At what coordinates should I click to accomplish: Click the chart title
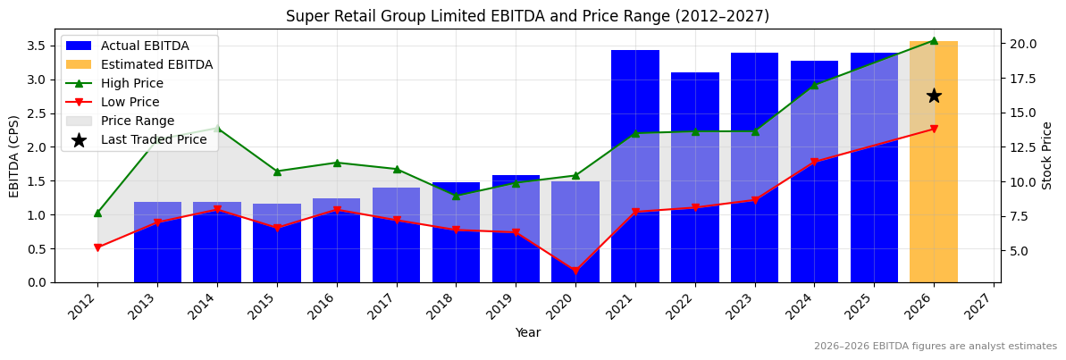(527, 16)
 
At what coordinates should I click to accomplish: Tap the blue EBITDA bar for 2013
(157, 242)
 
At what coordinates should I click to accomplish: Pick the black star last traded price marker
(934, 96)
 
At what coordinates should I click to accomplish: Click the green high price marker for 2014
(217, 128)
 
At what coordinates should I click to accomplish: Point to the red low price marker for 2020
(575, 271)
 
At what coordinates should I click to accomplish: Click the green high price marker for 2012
(97, 213)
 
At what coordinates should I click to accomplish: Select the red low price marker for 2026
(934, 129)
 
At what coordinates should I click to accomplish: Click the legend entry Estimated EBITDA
(156, 64)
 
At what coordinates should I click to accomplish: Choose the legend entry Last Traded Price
(154, 139)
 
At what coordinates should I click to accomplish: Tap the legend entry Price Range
(138, 121)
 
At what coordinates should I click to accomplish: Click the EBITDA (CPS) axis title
(14, 155)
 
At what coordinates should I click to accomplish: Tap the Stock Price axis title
(1047, 155)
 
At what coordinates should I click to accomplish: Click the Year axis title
(527, 332)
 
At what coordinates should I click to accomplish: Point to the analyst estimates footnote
(935, 347)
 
